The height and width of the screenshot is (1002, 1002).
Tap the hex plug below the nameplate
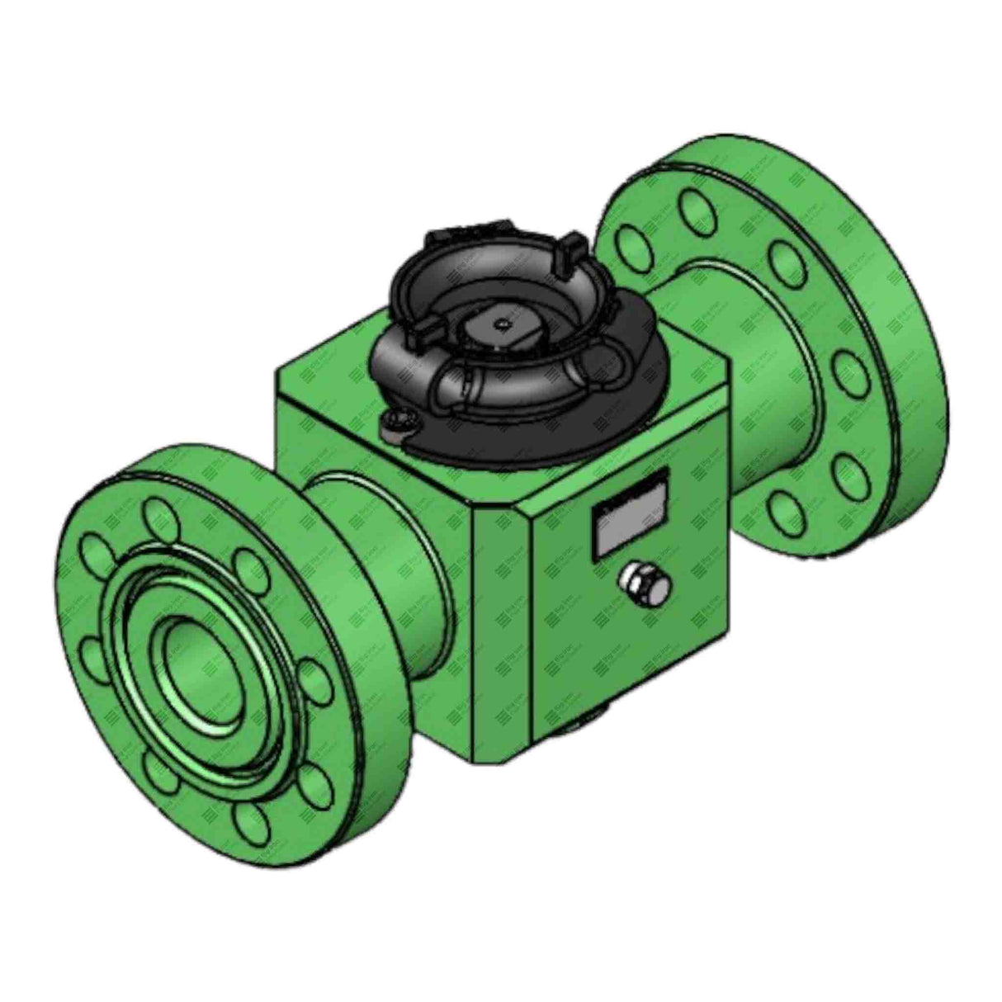coord(644,582)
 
